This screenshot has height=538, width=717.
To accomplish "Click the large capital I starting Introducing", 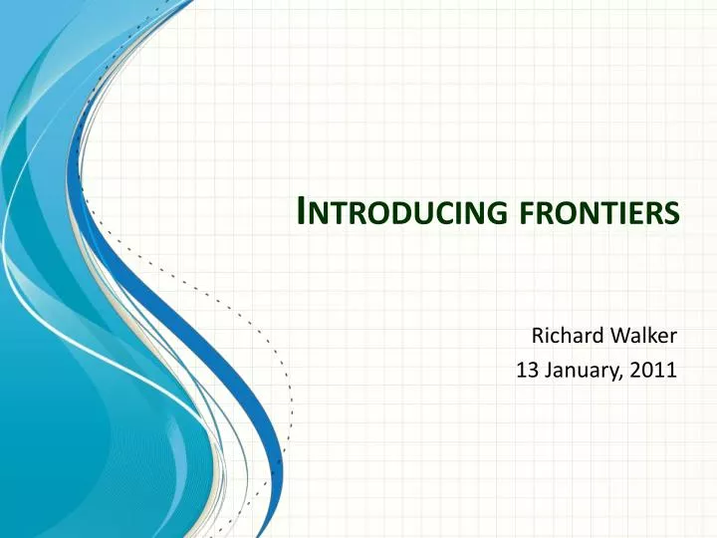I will click(304, 211).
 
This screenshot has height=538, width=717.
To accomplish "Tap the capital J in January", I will click(546, 372).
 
